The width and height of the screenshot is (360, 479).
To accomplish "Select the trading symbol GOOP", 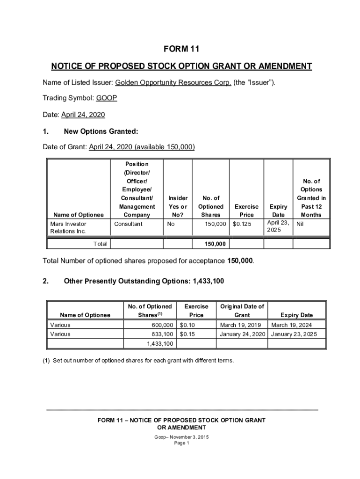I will click(x=107, y=98).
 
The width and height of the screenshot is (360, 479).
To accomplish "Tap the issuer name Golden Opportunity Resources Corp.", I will click(x=173, y=83).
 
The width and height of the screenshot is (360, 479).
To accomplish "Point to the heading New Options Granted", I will click(x=101, y=131).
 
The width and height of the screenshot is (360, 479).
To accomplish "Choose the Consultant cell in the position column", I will click(x=129, y=224).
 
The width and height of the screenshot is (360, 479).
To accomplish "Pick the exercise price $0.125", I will click(x=242, y=224).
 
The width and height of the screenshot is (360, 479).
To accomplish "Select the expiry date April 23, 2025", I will click(x=278, y=226).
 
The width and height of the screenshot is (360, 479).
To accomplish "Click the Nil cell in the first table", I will click(x=301, y=224).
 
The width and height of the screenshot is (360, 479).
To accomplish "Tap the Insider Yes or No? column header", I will click(x=178, y=206).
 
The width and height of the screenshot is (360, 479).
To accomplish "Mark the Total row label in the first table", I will click(x=100, y=244).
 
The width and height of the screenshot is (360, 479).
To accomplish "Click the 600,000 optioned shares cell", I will click(x=163, y=325).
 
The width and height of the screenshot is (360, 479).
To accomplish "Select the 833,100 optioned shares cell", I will click(x=163, y=334).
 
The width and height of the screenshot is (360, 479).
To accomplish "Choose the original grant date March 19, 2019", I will click(x=240, y=325).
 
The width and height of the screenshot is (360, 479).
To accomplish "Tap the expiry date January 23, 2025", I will click(x=294, y=334).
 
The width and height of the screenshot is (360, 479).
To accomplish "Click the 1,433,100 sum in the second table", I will click(x=160, y=344).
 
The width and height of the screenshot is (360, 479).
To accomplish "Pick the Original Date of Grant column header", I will click(x=242, y=311).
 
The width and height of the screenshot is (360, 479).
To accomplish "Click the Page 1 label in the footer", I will click(x=181, y=443).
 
